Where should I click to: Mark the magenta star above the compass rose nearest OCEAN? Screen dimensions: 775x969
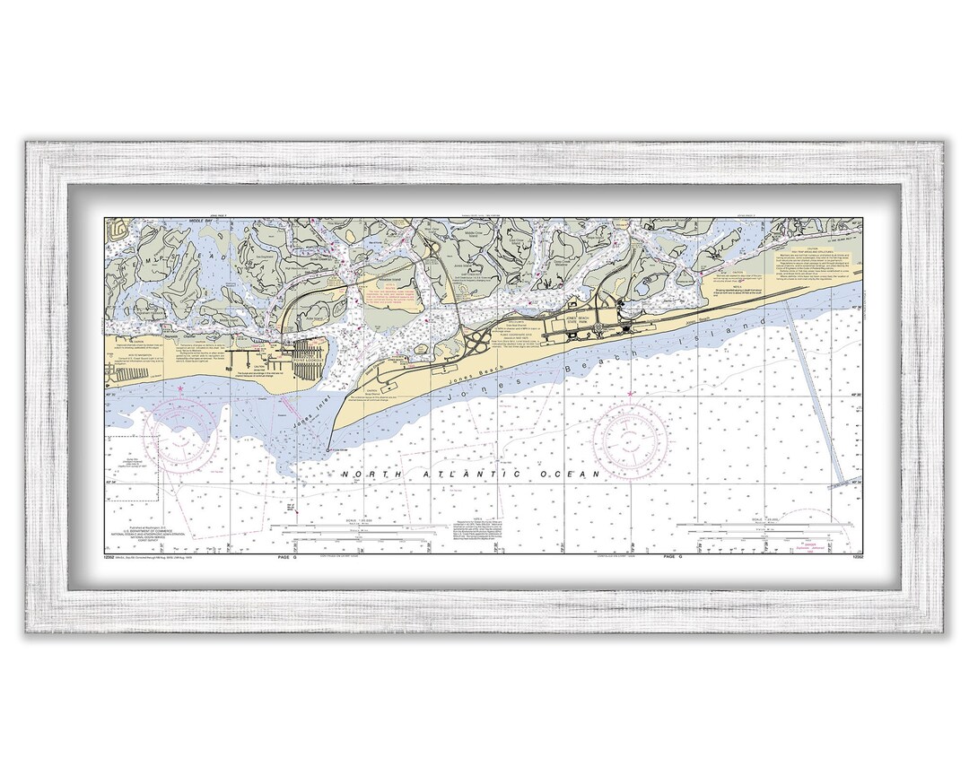click(630, 394)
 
